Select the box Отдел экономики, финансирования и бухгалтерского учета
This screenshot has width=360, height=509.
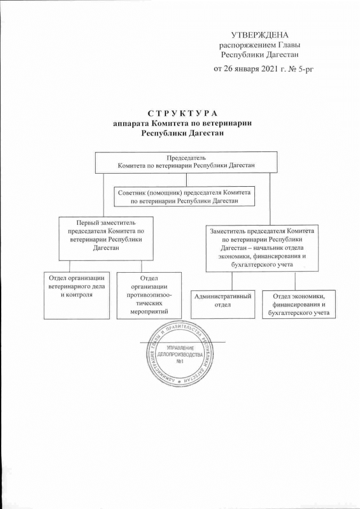pos(298,303)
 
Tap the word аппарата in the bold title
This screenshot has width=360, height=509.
pos(133,124)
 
